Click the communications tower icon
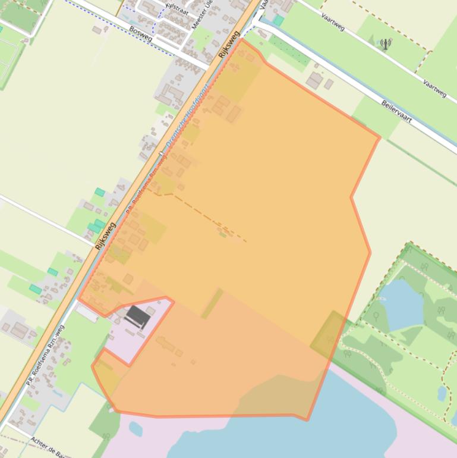[x=386, y=43]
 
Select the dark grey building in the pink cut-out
[x=138, y=316]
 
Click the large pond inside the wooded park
[x=401, y=303]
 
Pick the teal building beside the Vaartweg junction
[x=278, y=21]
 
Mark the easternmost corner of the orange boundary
[x=379, y=138]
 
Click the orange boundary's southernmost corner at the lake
[x=307, y=420]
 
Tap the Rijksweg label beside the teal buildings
[x=105, y=236]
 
